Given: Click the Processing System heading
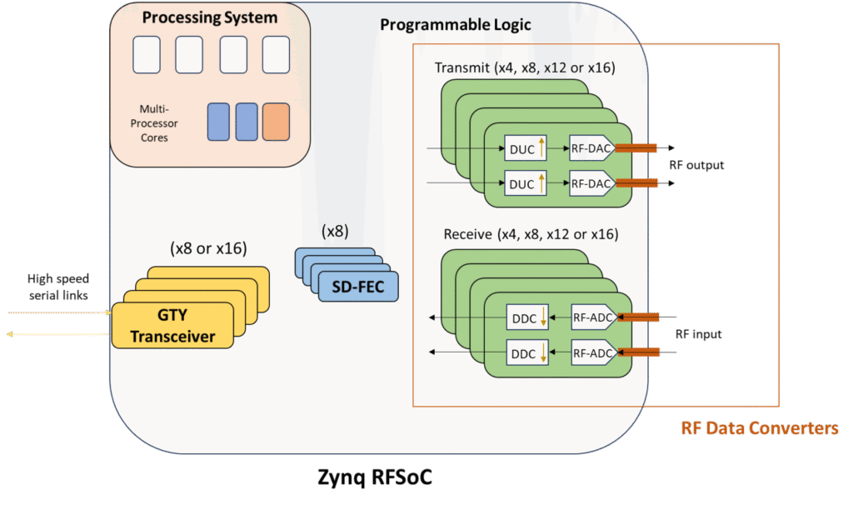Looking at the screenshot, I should click(209, 17).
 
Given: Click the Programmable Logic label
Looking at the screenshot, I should click(455, 24).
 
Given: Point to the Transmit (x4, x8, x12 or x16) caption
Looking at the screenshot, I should click(525, 67).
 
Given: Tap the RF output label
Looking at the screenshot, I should click(696, 165).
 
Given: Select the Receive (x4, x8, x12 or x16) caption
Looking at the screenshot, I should click(526, 233).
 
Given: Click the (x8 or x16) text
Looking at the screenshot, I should click(208, 247).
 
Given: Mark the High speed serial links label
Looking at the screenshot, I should click(58, 286).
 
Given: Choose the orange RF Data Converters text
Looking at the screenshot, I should click(759, 428).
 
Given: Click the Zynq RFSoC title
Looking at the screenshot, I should click(374, 477).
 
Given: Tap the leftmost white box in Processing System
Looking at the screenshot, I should click(147, 54).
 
